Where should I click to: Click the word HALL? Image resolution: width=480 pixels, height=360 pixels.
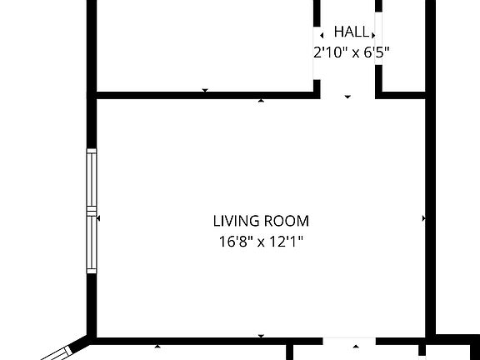click(351, 32)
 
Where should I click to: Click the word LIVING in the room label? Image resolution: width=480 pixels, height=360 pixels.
click(237, 222)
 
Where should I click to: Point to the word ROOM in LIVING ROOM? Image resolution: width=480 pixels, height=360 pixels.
click(287, 222)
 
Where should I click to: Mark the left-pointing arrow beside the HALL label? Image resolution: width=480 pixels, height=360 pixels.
click(322, 36)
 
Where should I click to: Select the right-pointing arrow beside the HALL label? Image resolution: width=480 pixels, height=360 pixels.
click(373, 36)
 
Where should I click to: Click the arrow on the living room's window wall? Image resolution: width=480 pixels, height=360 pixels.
click(98, 218)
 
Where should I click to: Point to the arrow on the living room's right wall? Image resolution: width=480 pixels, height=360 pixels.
click(423, 218)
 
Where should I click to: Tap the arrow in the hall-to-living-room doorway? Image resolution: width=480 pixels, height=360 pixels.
click(348, 97)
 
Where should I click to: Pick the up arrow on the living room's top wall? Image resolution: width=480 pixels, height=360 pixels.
click(262, 101)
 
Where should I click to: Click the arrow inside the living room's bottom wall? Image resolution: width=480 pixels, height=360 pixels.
click(262, 336)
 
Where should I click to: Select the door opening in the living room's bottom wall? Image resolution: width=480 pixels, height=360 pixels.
click(349, 340)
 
